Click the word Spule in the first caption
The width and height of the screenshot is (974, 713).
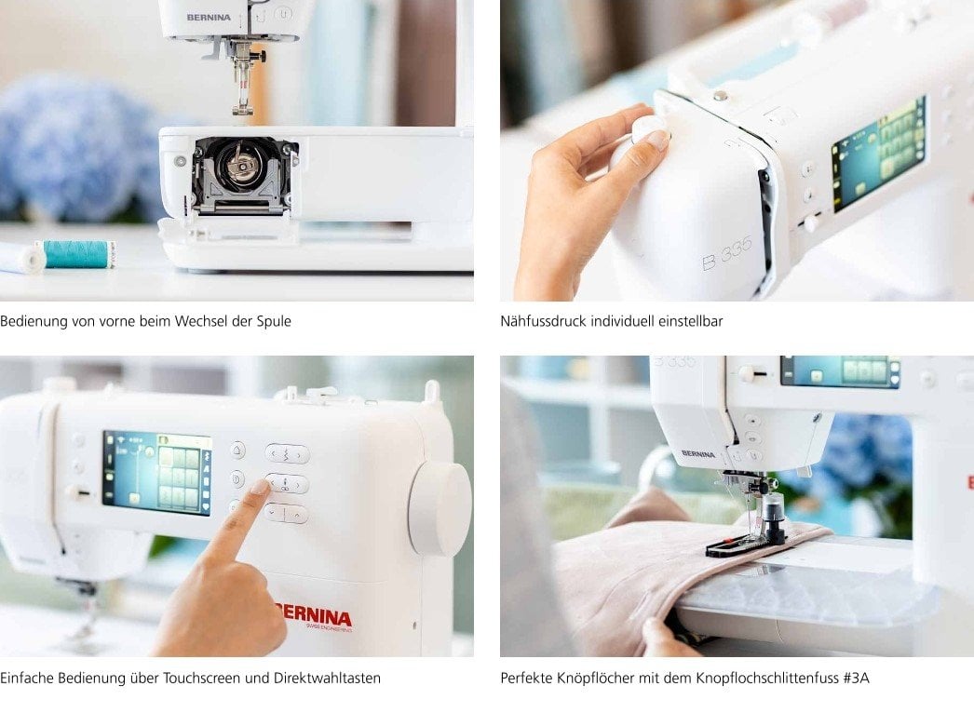point(275,321)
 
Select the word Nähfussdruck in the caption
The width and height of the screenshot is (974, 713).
point(542,321)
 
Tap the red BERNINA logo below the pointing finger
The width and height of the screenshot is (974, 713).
point(315,617)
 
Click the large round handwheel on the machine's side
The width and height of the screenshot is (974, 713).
point(440,508)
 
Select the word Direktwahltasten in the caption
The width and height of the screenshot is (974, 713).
point(328,678)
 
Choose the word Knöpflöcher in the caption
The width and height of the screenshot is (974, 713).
point(591,678)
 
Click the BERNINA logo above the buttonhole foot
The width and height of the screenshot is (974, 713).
point(697,453)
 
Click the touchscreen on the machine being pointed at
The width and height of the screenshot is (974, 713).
point(157,472)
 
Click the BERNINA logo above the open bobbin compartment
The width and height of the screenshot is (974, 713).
point(209,17)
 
